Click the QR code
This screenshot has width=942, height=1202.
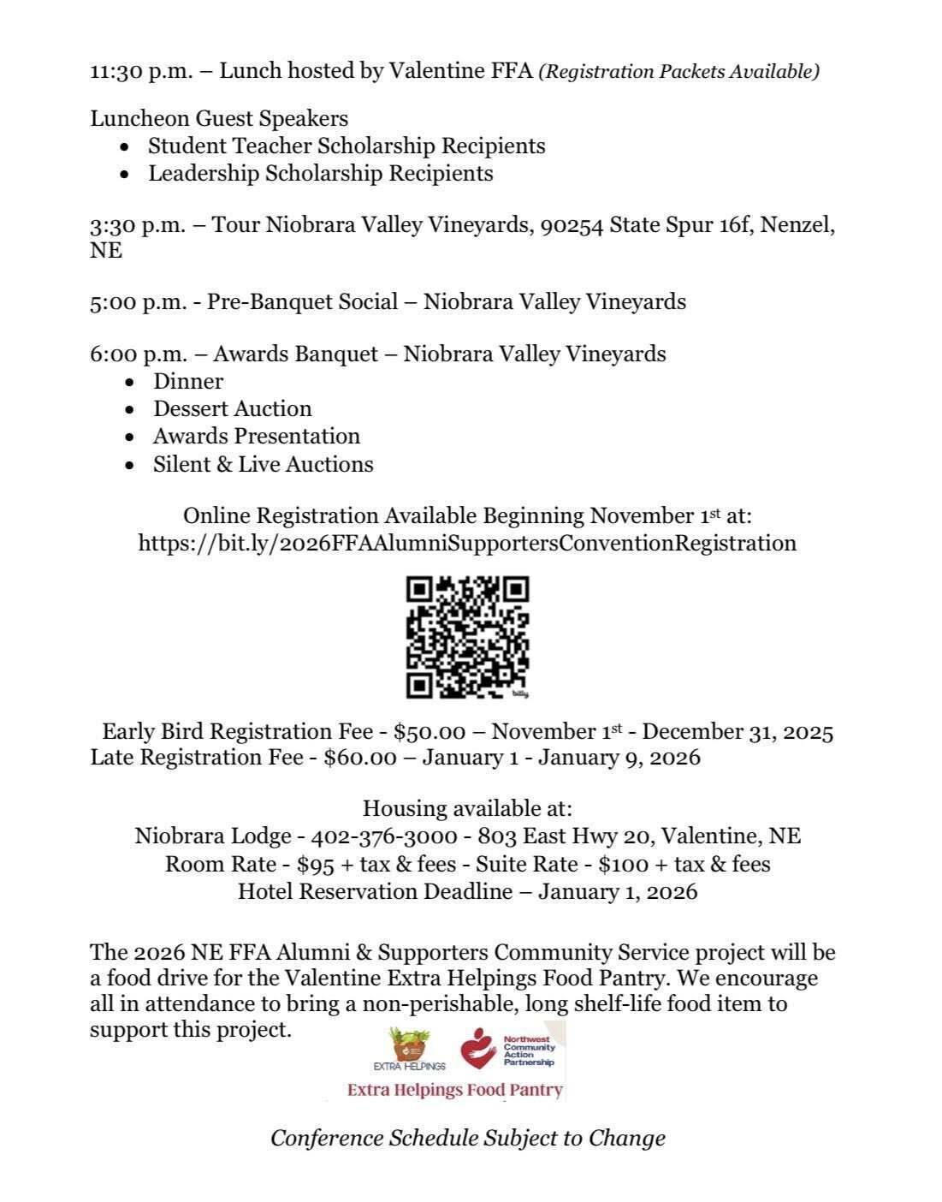pyautogui.click(x=467, y=637)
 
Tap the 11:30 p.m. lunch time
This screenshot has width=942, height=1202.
pyautogui.click(x=137, y=71)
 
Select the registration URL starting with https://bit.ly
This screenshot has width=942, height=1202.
pyautogui.click(x=467, y=544)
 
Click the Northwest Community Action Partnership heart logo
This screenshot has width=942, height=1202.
pyautogui.click(x=478, y=1049)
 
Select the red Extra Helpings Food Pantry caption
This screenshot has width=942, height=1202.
pyautogui.click(x=454, y=1090)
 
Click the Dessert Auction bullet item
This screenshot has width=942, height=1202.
pyautogui.click(x=232, y=408)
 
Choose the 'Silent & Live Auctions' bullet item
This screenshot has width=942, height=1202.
pyautogui.click(x=263, y=464)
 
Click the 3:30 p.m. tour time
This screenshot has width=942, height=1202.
pyautogui.click(x=137, y=225)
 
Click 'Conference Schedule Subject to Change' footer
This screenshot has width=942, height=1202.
pyautogui.click(x=467, y=1139)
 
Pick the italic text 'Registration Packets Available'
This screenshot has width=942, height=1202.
pyautogui.click(x=678, y=72)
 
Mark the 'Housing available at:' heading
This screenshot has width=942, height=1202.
pyautogui.click(x=467, y=808)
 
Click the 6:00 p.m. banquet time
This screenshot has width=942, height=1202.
pyautogui.click(x=137, y=354)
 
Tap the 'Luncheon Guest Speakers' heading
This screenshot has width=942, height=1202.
pyautogui.click(x=219, y=118)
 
